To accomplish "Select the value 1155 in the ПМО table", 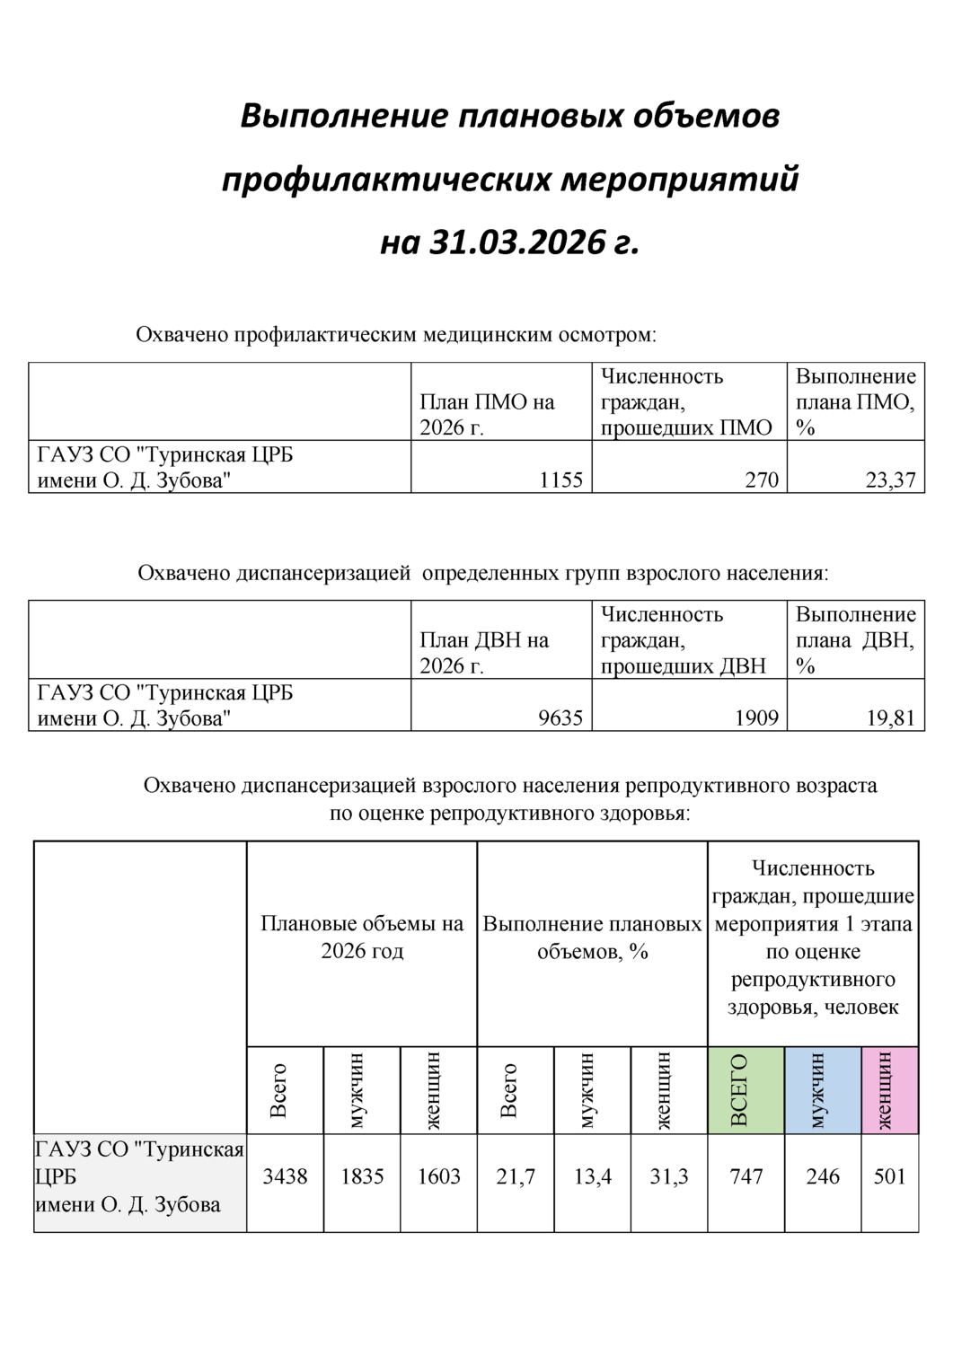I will (560, 480).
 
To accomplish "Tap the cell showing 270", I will (762, 480).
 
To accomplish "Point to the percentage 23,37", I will (890, 480).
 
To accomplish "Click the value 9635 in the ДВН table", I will (560, 718).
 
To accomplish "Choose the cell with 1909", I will (755, 718).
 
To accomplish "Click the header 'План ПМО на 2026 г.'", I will (487, 415).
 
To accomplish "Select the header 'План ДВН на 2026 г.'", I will (484, 653).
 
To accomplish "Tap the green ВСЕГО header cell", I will (746, 1089).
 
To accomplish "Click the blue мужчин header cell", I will (823, 1089).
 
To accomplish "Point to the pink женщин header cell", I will (889, 1089).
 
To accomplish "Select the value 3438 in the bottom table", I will (285, 1176).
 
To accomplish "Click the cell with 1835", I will (362, 1176).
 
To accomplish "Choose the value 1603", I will (438, 1176).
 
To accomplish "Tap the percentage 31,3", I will (669, 1176).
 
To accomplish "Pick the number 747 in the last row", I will (746, 1176).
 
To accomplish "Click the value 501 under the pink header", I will (889, 1176).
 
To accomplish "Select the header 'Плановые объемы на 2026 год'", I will (362, 938).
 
